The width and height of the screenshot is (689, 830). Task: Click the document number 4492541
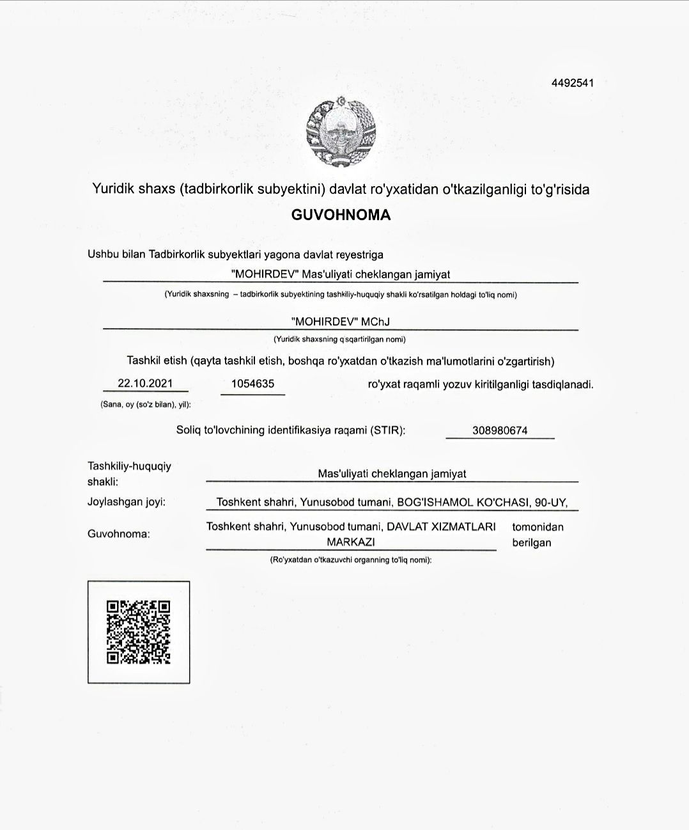pyautogui.click(x=573, y=82)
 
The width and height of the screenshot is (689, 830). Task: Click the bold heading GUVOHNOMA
pyautogui.click(x=341, y=215)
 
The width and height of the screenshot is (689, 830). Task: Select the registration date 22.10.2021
pyautogui.click(x=146, y=383)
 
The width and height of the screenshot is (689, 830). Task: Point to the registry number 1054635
pyautogui.click(x=252, y=384)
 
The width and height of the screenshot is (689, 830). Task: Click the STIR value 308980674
pyautogui.click(x=500, y=430)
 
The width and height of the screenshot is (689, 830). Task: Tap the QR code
pyautogui.click(x=139, y=632)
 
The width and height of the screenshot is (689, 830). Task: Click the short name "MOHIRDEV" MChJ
pyautogui.click(x=340, y=322)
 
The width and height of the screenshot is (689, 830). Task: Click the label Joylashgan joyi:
pyautogui.click(x=127, y=501)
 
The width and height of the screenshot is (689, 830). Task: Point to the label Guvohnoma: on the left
pyautogui.click(x=119, y=533)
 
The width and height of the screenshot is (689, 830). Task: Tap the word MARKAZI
pyautogui.click(x=351, y=542)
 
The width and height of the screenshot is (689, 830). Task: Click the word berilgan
pyautogui.click(x=531, y=543)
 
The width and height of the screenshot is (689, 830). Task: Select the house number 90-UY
pyautogui.click(x=551, y=502)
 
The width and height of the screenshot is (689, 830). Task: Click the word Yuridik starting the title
pyautogui.click(x=112, y=189)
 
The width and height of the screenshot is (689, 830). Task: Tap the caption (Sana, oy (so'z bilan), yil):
pyautogui.click(x=146, y=405)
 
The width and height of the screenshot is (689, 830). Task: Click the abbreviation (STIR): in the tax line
pyautogui.click(x=387, y=430)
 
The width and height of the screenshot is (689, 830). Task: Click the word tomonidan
pyautogui.click(x=538, y=527)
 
